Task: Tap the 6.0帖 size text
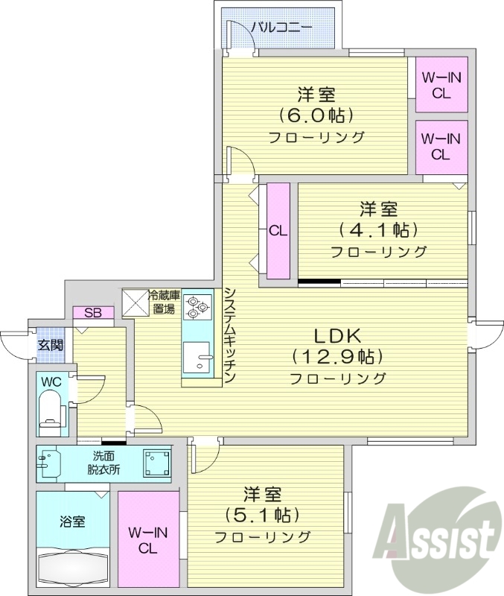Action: click(x=316, y=115)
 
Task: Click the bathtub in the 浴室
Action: click(x=71, y=570)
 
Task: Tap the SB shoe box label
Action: click(x=93, y=312)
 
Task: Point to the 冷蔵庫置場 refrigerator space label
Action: click(x=164, y=301)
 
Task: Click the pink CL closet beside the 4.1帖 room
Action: click(x=278, y=230)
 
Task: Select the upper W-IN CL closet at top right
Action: click(x=441, y=84)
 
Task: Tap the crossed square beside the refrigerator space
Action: click(x=135, y=302)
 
